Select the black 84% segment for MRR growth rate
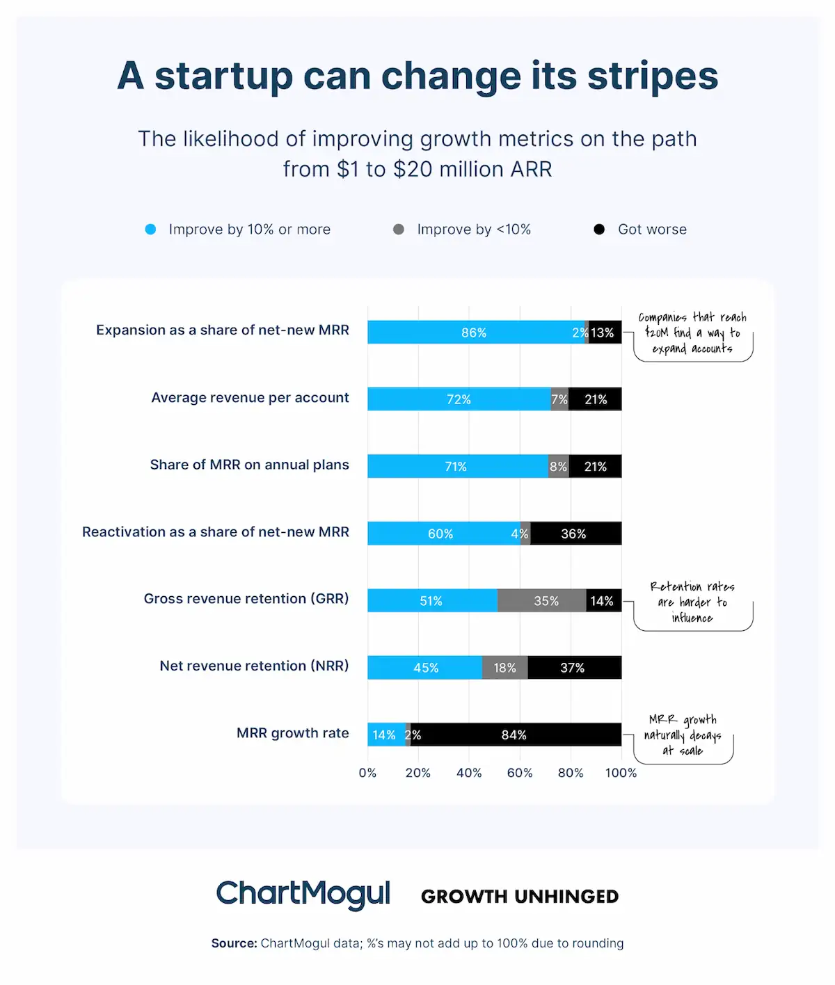click(515, 735)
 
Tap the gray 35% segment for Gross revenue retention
click(541, 600)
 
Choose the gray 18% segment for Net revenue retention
click(504, 668)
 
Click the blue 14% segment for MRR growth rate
click(385, 735)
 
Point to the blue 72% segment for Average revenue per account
click(459, 399)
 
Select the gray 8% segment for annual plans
click(559, 466)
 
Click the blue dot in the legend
click(150, 230)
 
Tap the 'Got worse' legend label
click(652, 230)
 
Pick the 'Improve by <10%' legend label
click(474, 230)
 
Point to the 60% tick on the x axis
click(520, 773)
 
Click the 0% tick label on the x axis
click(367, 773)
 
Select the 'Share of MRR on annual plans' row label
click(249, 465)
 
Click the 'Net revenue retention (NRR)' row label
click(254, 666)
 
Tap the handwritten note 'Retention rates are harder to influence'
click(692, 602)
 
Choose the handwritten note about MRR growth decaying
click(683, 735)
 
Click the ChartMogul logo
click(303, 895)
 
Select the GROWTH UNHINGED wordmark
click(520, 897)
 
